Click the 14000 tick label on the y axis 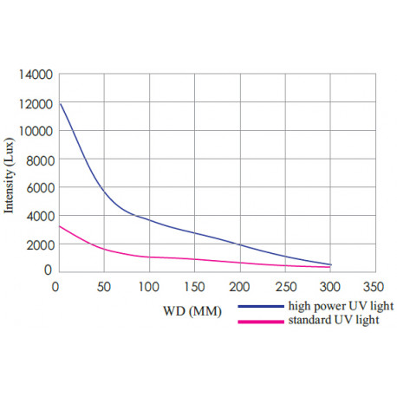[35, 75]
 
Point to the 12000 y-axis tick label [35, 103]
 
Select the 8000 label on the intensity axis [38, 159]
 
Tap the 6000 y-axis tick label [38, 188]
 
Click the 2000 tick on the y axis [38, 244]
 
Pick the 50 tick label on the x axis [104, 285]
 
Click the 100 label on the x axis [149, 285]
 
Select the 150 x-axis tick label [194, 285]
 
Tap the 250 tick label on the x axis [284, 285]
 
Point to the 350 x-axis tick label [374, 285]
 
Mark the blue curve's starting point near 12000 [60, 104]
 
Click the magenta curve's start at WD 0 [60, 226]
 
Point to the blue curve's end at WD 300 [329, 265]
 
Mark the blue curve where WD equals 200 [239, 245]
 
